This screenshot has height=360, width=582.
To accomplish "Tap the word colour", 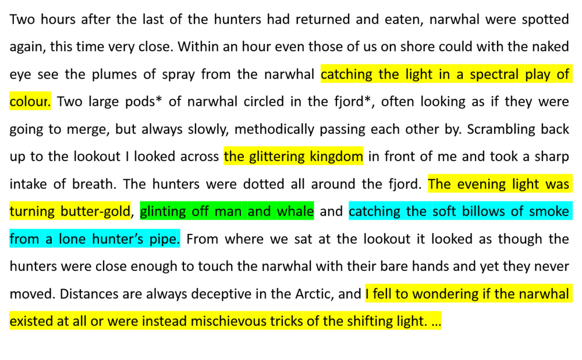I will point(30,102).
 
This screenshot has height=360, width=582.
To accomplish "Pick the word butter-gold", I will point(95,212).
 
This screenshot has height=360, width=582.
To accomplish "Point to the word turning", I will point(33,212).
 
